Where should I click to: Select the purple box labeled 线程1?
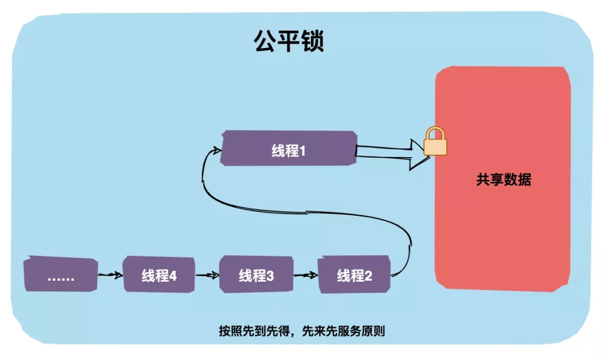coord(289,149)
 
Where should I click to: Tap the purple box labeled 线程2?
coord(354,275)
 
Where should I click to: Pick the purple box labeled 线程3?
coord(256,274)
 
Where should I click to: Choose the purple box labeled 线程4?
coord(159,274)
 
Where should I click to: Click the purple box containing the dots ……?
coord(60,275)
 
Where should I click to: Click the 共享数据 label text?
coord(503,181)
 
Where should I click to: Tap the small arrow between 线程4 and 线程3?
coord(207,275)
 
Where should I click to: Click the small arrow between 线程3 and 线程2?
coord(305,275)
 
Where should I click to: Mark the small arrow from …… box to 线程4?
coord(110,275)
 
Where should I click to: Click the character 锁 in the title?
coord(313,42)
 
